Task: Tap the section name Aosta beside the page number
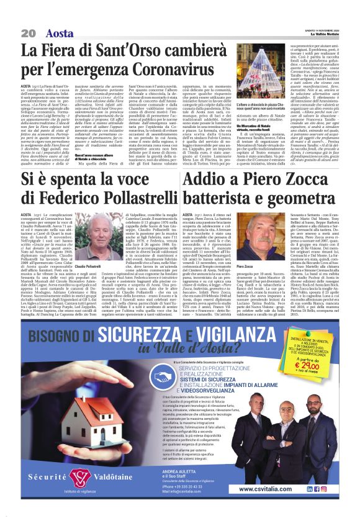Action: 60,33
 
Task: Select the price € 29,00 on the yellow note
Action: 306,363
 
